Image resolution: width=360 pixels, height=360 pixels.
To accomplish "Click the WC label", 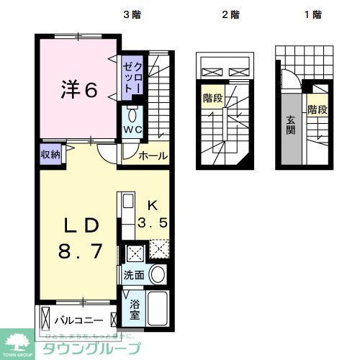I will click(132, 130).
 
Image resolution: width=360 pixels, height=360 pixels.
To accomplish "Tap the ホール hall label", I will click(153, 156).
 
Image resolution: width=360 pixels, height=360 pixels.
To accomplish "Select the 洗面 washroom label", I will click(133, 275).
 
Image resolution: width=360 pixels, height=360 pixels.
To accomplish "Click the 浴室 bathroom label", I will click(135, 310).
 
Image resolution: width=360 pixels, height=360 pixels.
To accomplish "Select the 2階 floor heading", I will click(230, 14).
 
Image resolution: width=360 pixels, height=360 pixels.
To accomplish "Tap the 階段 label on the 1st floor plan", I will click(318, 109).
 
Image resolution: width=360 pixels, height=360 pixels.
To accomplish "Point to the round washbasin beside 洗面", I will click(158, 274).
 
